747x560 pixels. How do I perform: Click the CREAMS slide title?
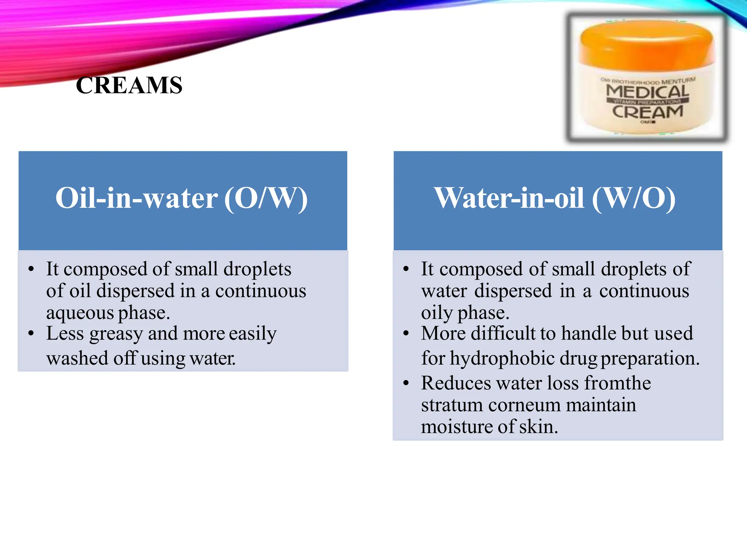(x=129, y=86)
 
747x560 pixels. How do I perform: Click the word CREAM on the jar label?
(x=647, y=112)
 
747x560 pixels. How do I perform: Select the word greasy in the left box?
(x=116, y=334)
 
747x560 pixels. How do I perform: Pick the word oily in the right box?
(x=436, y=313)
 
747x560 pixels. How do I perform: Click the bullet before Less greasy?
(x=31, y=334)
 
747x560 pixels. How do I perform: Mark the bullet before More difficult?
(x=406, y=334)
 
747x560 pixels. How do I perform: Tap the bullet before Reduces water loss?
(x=406, y=383)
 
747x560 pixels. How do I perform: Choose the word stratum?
(x=452, y=405)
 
